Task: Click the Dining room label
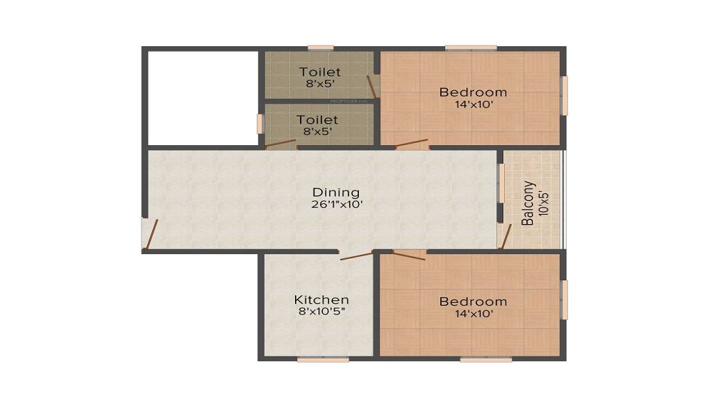pos(336,192)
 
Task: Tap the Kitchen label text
pos(321,299)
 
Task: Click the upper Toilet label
pos(320,72)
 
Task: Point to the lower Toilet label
pos(318,119)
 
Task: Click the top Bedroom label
pos(473,92)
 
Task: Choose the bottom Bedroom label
pos(473,302)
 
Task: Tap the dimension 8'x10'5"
pos(322,312)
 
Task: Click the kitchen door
pos(356,255)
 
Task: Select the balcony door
pos(505,236)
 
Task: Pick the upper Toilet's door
pos(371,87)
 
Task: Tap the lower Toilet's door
pos(281,144)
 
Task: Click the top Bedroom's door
pos(412,144)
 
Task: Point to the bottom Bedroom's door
pos(409,255)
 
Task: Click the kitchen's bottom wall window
pos(323,359)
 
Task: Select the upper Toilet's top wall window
pos(321,48)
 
